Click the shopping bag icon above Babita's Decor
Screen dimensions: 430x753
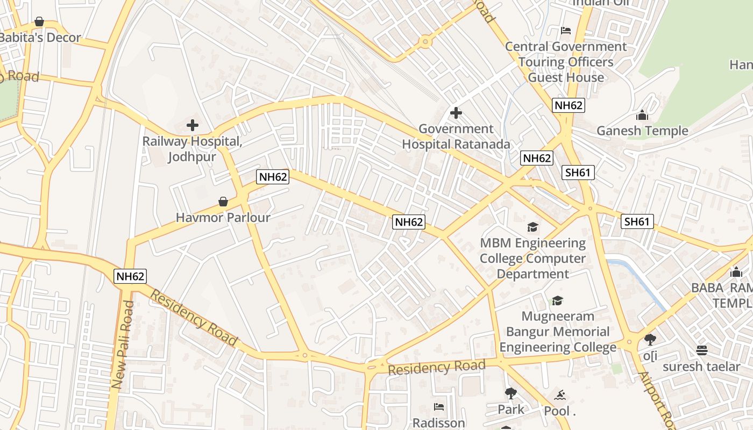39,21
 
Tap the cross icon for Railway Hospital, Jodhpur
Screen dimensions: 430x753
192,126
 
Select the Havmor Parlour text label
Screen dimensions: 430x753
223,218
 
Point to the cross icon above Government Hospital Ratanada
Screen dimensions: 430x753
456,113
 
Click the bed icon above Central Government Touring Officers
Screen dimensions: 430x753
565,30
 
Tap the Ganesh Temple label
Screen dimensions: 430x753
642,131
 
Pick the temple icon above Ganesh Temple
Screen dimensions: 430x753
642,115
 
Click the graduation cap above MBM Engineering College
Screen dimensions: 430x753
532,227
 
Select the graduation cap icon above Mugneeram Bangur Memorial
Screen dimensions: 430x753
557,300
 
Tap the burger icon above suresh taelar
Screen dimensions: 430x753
701,350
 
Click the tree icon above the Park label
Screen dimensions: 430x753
510,394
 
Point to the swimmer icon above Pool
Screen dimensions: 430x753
560,396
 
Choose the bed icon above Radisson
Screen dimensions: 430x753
439,407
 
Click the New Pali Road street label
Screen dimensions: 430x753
123,344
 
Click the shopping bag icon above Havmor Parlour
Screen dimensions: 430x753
223,202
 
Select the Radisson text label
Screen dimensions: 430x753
438,423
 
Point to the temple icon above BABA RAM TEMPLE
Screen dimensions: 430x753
736,272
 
